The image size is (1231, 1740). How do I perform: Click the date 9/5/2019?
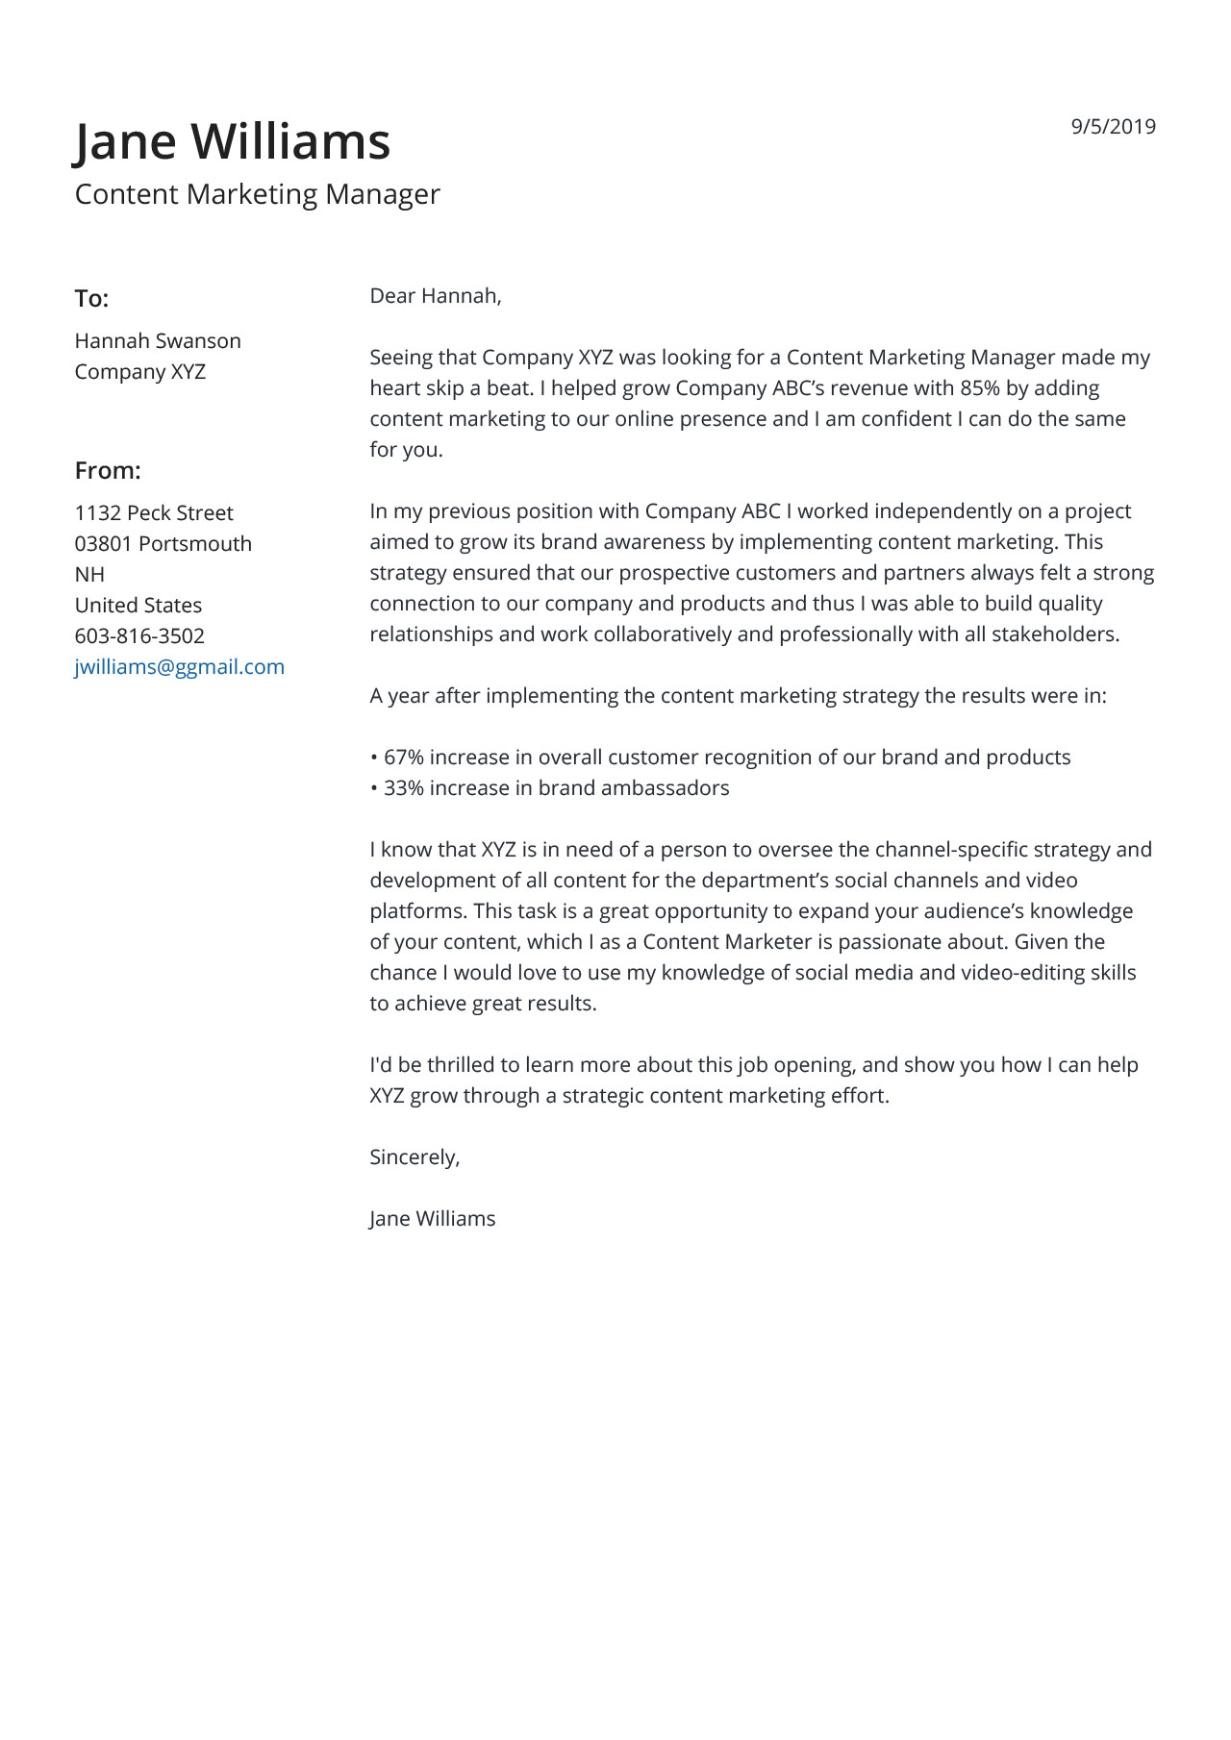(x=1113, y=127)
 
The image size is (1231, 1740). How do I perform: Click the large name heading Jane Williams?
(x=233, y=141)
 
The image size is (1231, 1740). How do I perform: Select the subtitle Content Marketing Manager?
(x=257, y=194)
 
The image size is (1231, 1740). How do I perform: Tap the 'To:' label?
(x=91, y=299)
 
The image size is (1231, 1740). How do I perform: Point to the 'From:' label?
(x=108, y=471)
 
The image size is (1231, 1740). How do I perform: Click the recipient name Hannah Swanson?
(x=158, y=341)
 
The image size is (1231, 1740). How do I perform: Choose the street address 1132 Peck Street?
(x=154, y=513)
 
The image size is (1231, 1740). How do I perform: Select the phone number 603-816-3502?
(x=139, y=636)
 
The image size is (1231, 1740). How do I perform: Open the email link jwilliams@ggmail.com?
(x=180, y=667)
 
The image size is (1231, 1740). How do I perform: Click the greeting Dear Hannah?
(x=435, y=296)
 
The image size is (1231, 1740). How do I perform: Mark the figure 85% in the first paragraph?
(x=979, y=388)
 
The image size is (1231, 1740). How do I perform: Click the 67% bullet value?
(x=403, y=758)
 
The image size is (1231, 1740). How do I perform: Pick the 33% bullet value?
(x=403, y=788)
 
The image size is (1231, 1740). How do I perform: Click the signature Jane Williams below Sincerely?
(x=432, y=1219)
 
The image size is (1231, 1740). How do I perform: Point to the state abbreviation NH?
(x=89, y=575)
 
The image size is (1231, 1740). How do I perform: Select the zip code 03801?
(x=103, y=544)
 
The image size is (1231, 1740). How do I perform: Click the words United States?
(x=138, y=606)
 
